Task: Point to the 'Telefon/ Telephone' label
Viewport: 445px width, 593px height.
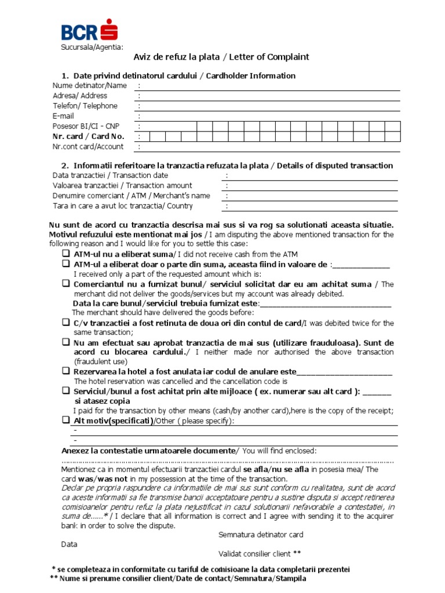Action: tap(85, 106)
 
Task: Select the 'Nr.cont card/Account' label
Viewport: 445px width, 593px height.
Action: tap(87, 147)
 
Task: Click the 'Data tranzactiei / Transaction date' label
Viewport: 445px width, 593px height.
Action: tap(110, 175)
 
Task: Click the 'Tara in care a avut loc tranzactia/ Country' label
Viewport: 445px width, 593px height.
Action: tap(122, 206)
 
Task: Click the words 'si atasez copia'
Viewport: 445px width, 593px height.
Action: tap(103, 401)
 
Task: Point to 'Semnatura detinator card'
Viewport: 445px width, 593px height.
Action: tap(261, 535)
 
